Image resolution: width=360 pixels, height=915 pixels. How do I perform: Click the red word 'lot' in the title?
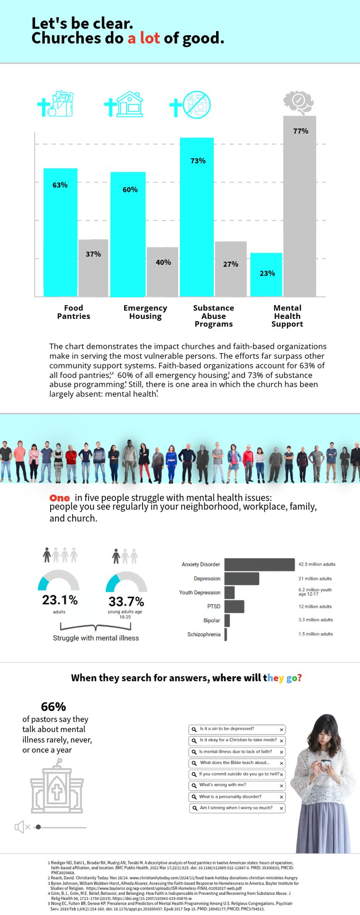click(150, 38)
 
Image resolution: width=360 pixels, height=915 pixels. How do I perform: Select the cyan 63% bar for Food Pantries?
click(60, 232)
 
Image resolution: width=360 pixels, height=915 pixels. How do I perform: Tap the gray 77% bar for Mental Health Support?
click(300, 206)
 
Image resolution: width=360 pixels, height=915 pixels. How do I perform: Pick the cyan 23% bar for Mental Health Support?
click(266, 275)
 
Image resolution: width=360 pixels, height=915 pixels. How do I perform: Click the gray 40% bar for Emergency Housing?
click(162, 272)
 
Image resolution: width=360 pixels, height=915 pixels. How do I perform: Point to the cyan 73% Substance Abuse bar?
click(197, 217)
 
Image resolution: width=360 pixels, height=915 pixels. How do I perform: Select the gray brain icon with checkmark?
click(298, 102)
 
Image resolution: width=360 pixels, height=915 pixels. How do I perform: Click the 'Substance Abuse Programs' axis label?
click(213, 316)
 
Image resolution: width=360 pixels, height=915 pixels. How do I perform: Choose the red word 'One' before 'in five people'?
click(60, 498)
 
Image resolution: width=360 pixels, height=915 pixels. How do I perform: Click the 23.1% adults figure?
click(60, 600)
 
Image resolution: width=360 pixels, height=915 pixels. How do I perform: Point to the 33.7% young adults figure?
click(126, 601)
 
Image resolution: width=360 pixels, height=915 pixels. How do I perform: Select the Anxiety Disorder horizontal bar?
click(259, 565)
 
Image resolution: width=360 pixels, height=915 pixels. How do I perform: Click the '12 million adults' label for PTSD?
click(315, 606)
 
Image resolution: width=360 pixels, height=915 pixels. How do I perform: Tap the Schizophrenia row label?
click(203, 635)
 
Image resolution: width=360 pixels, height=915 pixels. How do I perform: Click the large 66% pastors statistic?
click(53, 707)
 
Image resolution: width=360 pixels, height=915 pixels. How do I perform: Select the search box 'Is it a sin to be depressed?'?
click(237, 729)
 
